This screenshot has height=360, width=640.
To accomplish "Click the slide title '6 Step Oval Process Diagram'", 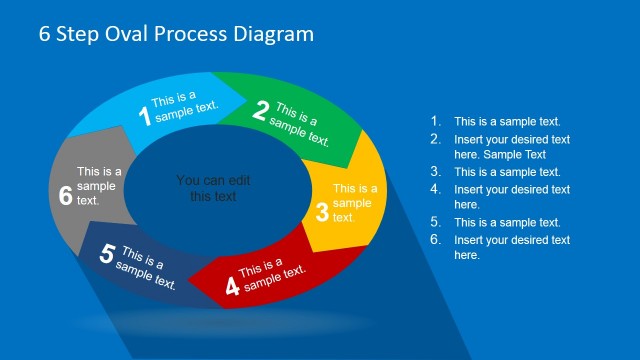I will (176, 34).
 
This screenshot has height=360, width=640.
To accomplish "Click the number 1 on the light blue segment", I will (144, 117).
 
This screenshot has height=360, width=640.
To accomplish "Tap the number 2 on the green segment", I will (260, 111).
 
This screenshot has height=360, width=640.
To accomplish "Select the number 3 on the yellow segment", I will (322, 212).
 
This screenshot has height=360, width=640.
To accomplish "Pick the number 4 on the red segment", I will (232, 287).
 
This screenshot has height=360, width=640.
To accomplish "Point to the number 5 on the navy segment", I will (107, 254).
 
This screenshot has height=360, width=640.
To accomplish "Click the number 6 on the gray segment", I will (66, 196).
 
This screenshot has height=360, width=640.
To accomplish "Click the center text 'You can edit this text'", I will (213, 188).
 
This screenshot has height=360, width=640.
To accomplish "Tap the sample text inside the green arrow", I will (300, 125).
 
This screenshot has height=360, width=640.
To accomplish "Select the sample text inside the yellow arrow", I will (354, 203).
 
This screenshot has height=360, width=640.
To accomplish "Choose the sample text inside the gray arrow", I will (98, 186).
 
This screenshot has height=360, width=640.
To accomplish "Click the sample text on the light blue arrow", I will (183, 107).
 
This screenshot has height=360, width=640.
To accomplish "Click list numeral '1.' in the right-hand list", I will (435, 122).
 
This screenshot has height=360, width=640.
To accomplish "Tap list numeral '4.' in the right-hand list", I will (435, 189).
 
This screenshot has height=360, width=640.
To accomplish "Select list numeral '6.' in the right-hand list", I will (435, 240).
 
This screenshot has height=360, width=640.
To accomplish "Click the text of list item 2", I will (512, 147).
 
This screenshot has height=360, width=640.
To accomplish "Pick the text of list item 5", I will (507, 223).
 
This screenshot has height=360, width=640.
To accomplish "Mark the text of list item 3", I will (507, 172).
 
